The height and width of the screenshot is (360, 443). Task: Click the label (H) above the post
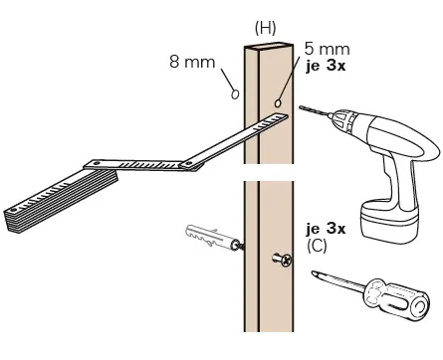[265, 27]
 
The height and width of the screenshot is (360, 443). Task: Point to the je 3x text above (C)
[327, 228]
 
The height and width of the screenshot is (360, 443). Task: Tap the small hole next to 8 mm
[235, 94]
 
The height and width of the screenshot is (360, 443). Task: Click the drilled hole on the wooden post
[278, 102]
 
